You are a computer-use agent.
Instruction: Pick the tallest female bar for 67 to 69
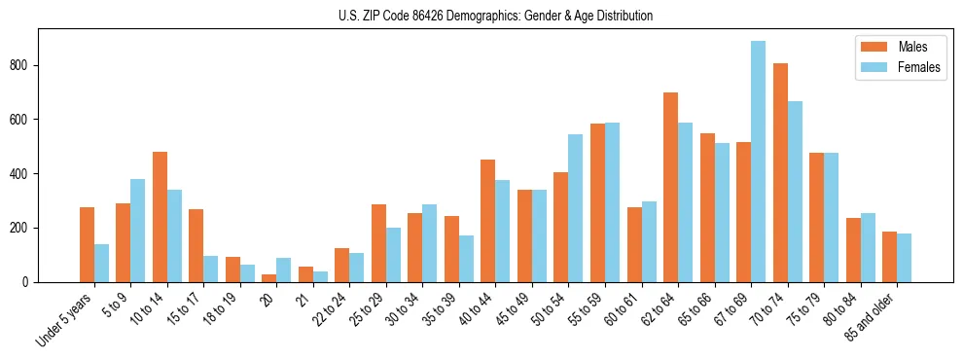click(758, 162)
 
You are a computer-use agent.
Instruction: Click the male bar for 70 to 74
click(780, 173)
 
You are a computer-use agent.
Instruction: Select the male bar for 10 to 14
click(160, 217)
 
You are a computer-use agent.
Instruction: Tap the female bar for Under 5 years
click(101, 263)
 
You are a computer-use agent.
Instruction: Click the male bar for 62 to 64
click(670, 188)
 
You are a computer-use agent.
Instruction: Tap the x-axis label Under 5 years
click(66, 321)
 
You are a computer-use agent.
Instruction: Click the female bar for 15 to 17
click(211, 270)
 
